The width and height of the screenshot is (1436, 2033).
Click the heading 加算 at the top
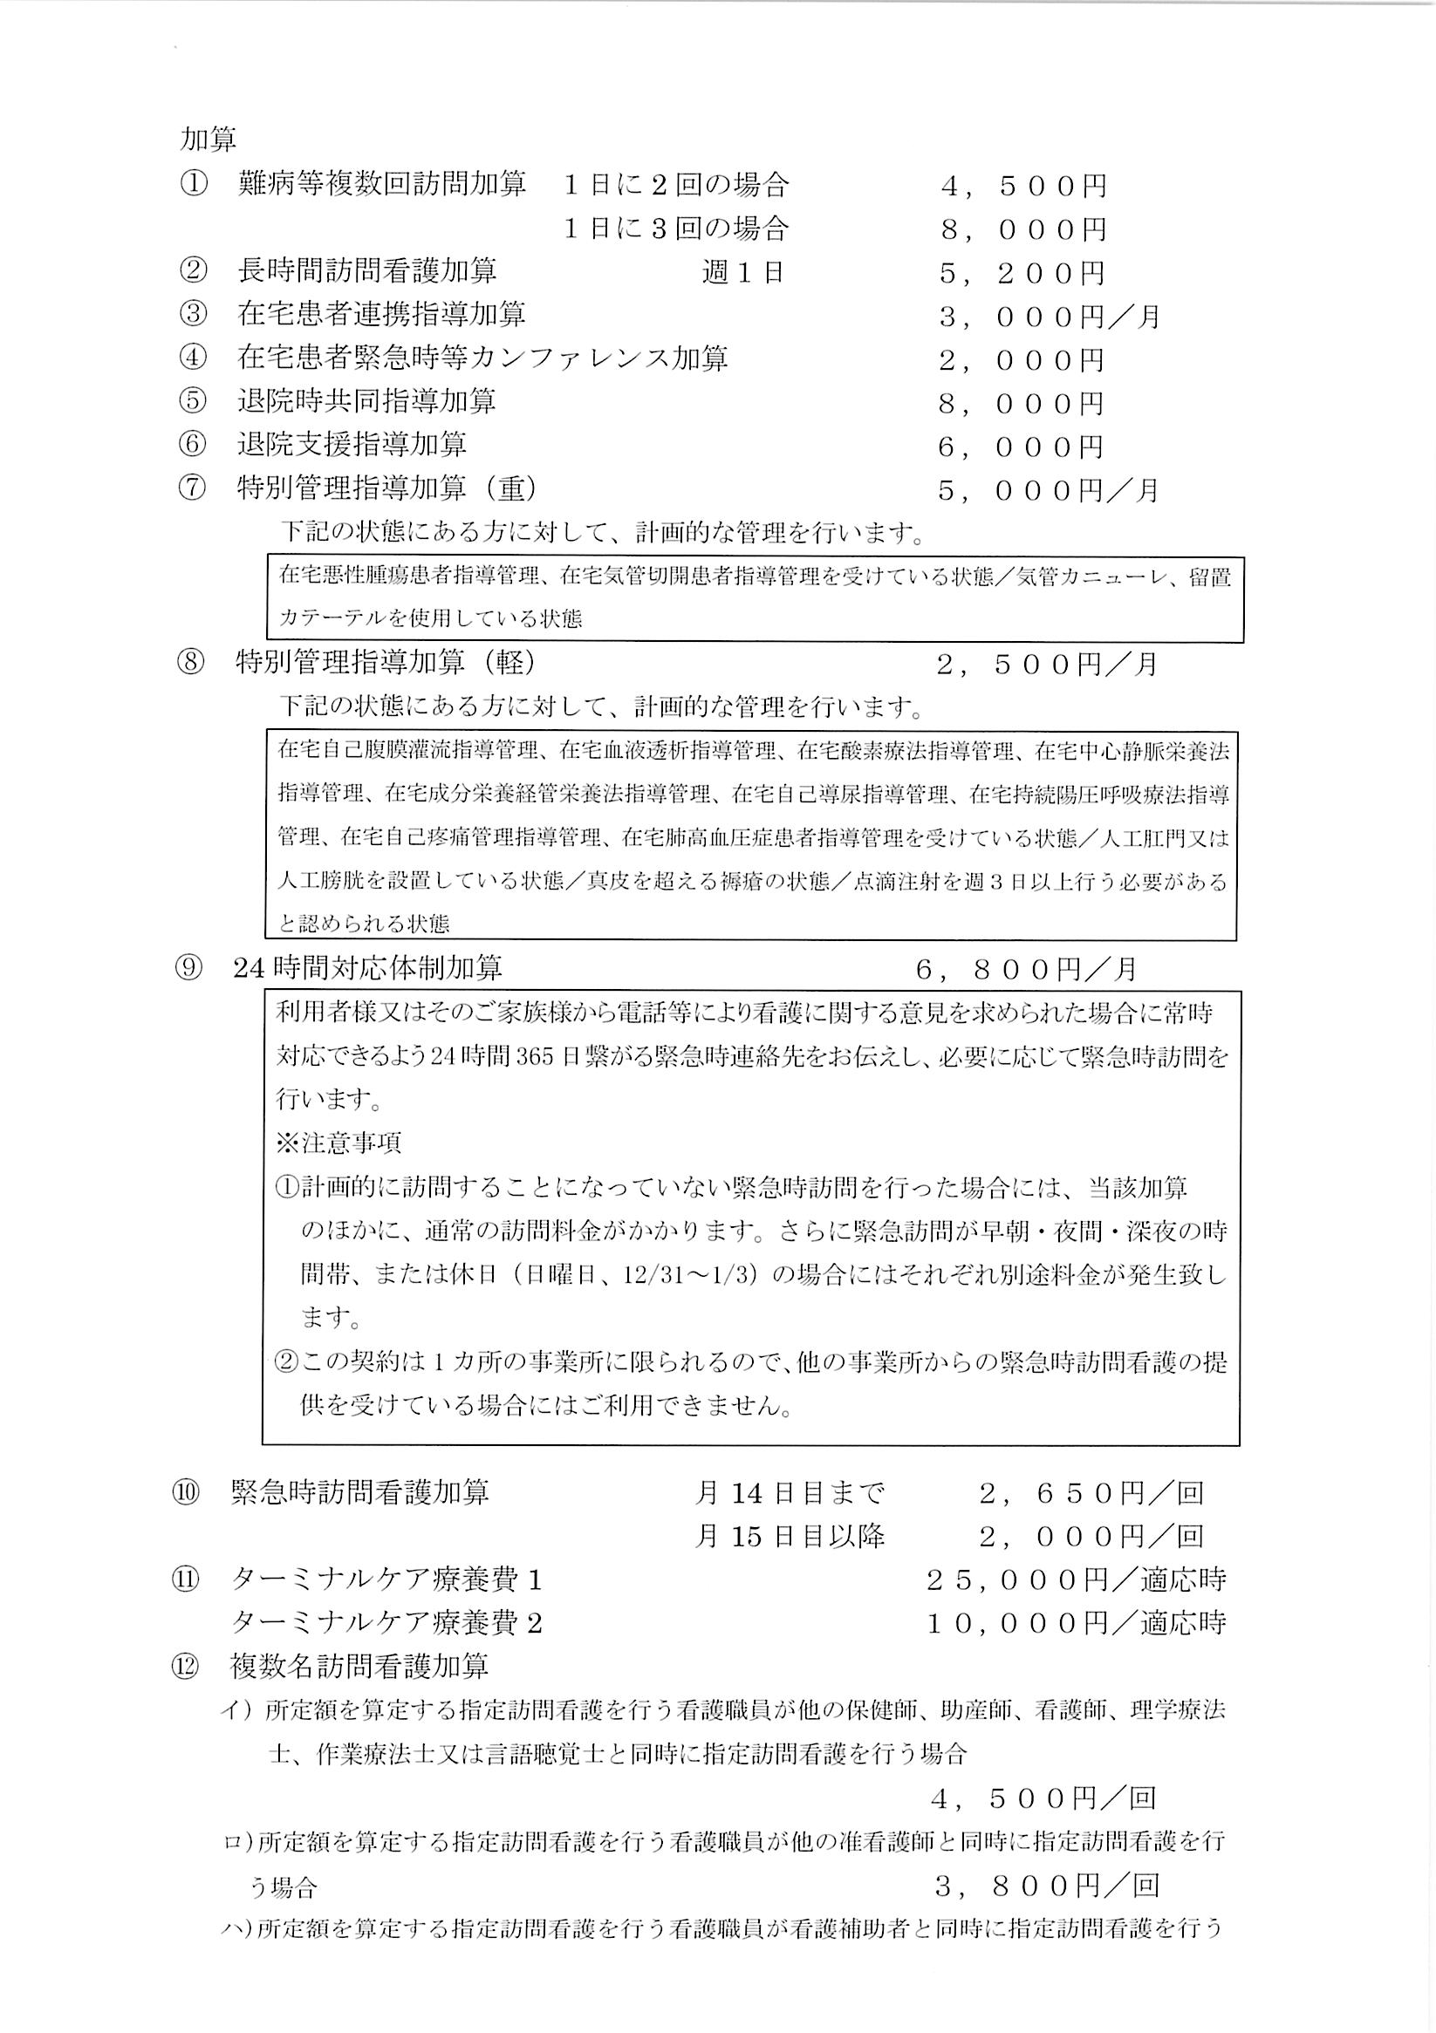click(x=209, y=139)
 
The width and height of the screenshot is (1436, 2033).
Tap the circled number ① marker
click(x=193, y=184)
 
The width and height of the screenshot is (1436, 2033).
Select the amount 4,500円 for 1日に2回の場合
click(x=1023, y=186)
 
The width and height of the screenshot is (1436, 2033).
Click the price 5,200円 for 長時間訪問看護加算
click(x=1022, y=273)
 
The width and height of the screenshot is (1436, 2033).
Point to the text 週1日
click(x=742, y=273)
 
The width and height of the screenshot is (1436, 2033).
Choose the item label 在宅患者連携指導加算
click(x=382, y=314)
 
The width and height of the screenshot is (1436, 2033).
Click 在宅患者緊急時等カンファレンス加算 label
click(x=482, y=358)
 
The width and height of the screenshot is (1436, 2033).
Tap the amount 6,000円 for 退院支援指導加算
click(x=1021, y=447)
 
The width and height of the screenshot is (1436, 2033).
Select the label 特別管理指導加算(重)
click(x=386, y=488)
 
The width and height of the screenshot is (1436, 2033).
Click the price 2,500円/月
click(x=1047, y=664)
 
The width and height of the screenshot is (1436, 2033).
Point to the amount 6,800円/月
click(x=1026, y=970)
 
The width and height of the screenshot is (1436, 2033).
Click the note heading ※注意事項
click(x=338, y=1143)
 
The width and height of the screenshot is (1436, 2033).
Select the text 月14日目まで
click(x=790, y=1493)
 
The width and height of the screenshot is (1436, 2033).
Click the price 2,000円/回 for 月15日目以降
click(x=1091, y=1536)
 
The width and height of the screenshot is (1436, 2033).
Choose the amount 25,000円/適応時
click(x=1076, y=1579)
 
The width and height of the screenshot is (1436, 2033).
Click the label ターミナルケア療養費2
click(x=386, y=1623)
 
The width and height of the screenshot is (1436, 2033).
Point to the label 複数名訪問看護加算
click(x=359, y=1667)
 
